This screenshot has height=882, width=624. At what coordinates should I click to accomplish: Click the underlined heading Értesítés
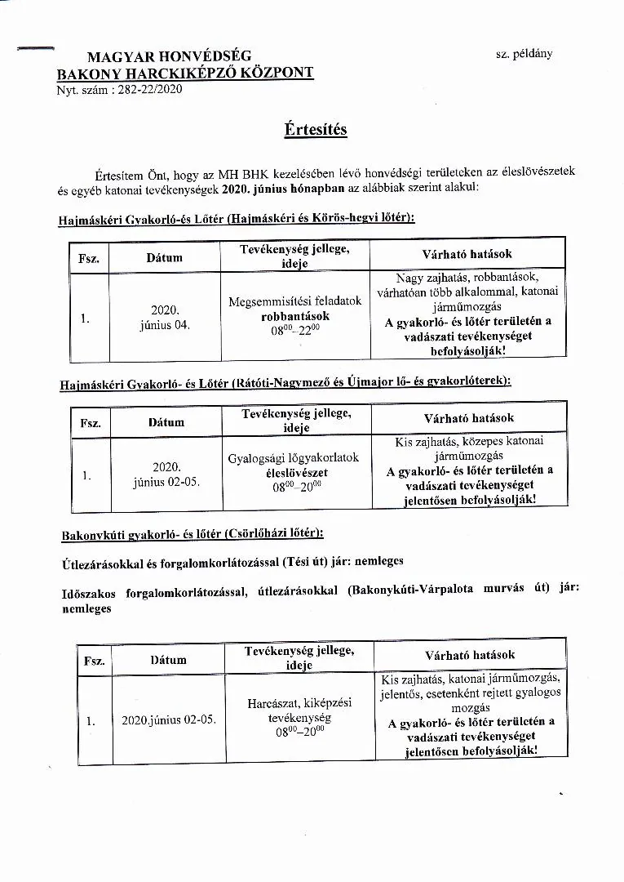pyautogui.click(x=316, y=130)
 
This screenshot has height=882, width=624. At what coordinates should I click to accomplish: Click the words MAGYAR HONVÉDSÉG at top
pyautogui.click(x=169, y=56)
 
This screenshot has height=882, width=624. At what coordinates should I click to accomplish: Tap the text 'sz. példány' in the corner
pyautogui.click(x=524, y=54)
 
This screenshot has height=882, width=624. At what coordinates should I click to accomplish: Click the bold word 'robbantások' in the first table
pyautogui.click(x=294, y=315)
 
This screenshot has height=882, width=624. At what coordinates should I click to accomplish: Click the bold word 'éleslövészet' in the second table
pyautogui.click(x=297, y=472)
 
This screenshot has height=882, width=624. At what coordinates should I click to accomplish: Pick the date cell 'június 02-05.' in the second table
pyautogui.click(x=166, y=482)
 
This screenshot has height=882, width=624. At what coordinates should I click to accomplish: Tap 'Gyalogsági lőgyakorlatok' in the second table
pyautogui.click(x=293, y=457)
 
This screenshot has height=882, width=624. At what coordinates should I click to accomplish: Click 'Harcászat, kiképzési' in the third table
pyautogui.click(x=299, y=702)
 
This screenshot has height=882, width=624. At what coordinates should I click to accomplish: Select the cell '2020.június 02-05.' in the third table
pyautogui.click(x=169, y=720)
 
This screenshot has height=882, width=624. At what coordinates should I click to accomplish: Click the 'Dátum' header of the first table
pyautogui.click(x=164, y=257)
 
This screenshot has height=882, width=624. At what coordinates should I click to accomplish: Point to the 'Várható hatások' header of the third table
pyautogui.click(x=470, y=655)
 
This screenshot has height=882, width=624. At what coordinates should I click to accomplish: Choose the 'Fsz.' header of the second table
pyautogui.click(x=90, y=423)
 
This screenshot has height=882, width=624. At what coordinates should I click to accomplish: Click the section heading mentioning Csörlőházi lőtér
pyautogui.click(x=193, y=535)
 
